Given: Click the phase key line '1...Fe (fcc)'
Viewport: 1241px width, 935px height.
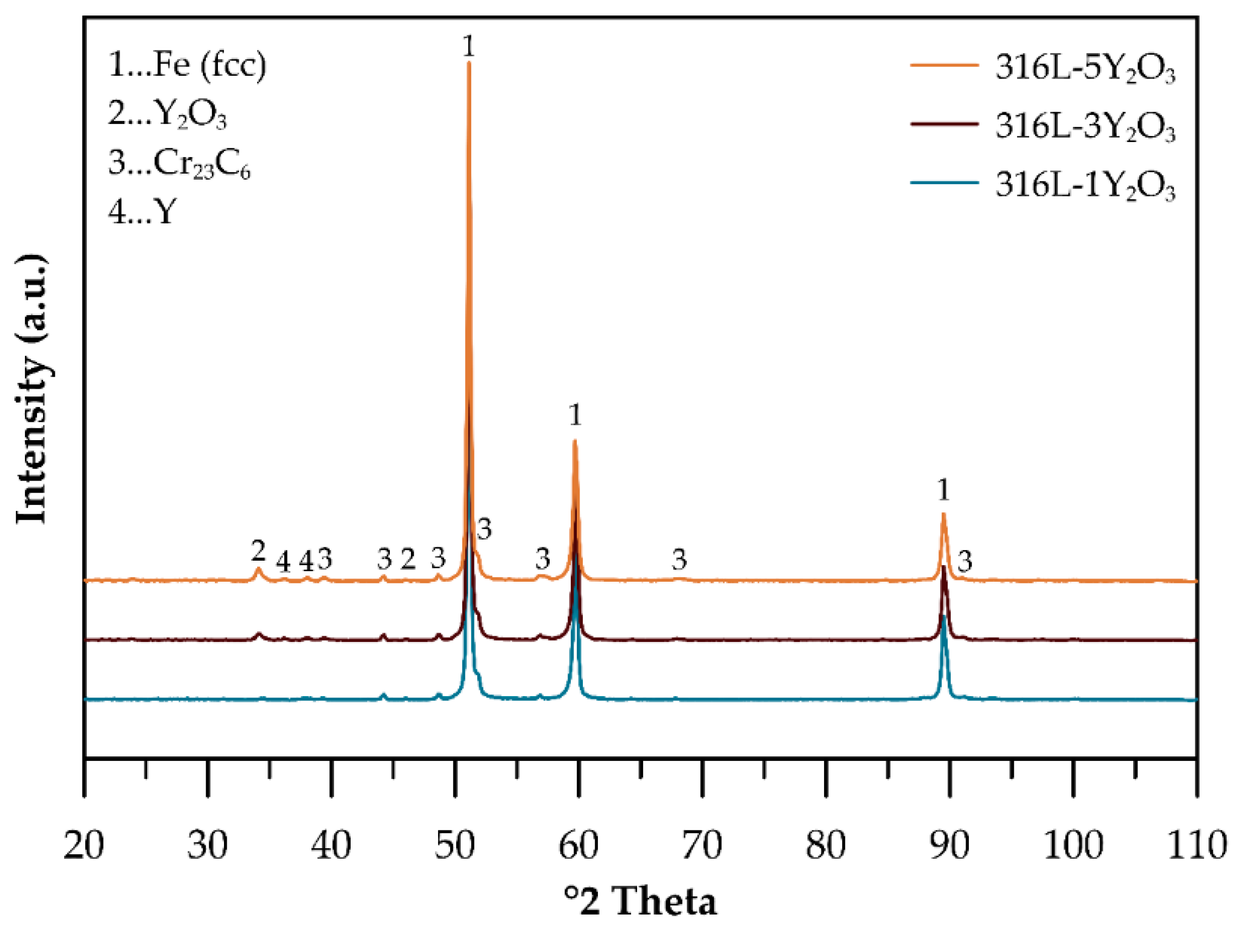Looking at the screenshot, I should click(187, 65).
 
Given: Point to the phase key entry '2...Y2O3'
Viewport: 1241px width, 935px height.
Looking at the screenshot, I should click(167, 114).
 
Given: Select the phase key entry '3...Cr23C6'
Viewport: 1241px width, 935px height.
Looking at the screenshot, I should click(179, 164).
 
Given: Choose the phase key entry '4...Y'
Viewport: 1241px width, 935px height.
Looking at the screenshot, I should click(143, 212).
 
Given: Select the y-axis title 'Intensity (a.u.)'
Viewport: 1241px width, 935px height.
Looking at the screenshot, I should click(32, 389).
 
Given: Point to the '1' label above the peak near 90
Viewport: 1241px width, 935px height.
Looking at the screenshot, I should click(943, 491).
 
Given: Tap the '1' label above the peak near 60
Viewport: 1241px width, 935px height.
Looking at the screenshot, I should click(575, 416).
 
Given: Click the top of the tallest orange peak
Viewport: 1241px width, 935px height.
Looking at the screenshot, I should click(468, 64).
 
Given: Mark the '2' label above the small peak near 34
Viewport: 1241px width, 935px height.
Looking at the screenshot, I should click(258, 551).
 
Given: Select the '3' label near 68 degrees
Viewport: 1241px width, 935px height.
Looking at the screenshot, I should click(680, 559).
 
